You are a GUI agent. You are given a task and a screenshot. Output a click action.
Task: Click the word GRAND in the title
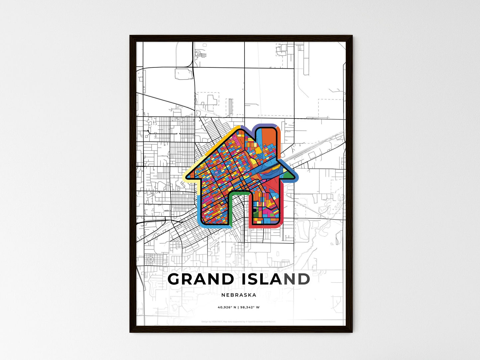201,279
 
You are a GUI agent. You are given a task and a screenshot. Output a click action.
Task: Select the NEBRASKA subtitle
239,295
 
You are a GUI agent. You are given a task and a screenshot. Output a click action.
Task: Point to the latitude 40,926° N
227,307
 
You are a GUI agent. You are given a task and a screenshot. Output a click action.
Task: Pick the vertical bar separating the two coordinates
238,307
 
